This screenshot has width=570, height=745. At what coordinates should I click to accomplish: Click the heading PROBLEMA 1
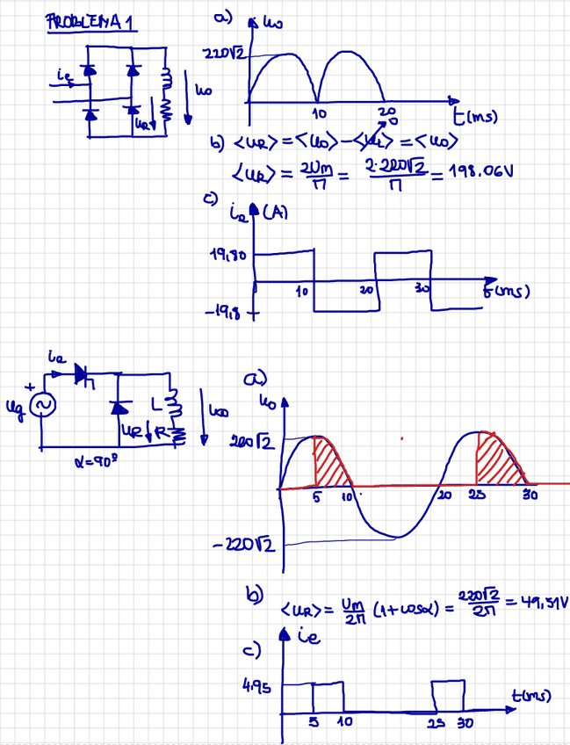[90, 24]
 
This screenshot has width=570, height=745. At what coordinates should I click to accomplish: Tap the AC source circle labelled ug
[41, 404]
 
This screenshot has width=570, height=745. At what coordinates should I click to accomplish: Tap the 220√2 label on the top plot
[222, 54]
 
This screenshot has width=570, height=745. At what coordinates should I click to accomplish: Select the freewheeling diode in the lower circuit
[119, 407]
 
